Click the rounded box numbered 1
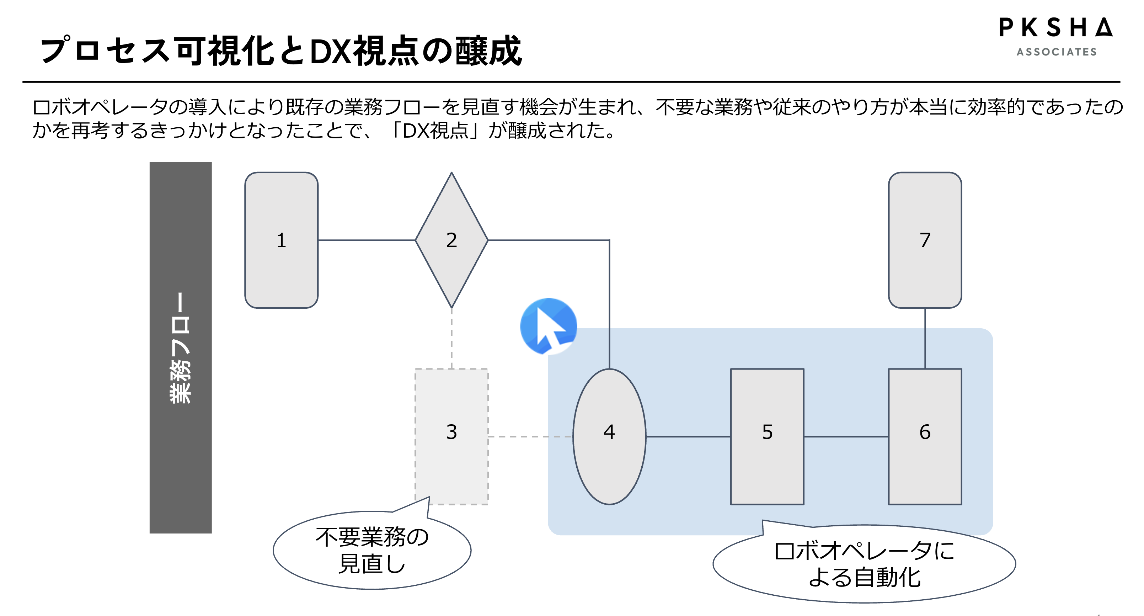coord(281,240)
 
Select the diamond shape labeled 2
coord(451,240)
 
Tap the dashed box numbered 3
coord(451,436)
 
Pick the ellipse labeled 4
coord(609,436)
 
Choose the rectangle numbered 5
coord(767,436)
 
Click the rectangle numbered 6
coord(925,436)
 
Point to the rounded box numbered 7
coord(925,240)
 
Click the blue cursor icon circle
coord(549,326)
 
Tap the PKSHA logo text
coord(1055,27)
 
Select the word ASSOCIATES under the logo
coord(1057,52)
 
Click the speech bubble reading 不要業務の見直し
coord(372,550)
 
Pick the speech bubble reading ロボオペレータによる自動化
coord(864,564)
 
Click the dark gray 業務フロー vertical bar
coord(180,347)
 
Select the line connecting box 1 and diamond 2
coord(367,240)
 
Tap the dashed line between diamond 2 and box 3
coord(451,338)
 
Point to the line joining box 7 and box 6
coord(925,338)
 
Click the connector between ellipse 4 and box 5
coord(688,436)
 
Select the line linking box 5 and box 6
coord(846,436)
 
